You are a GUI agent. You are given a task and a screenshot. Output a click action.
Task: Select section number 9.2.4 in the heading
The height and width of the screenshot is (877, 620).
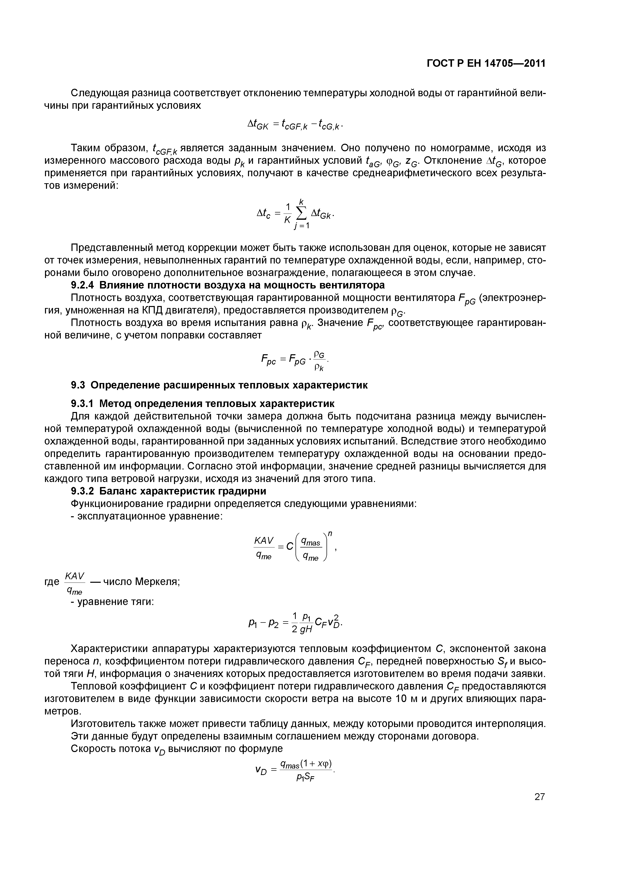point(82,285)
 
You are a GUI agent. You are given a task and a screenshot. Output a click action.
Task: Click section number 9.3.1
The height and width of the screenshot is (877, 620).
point(82,404)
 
